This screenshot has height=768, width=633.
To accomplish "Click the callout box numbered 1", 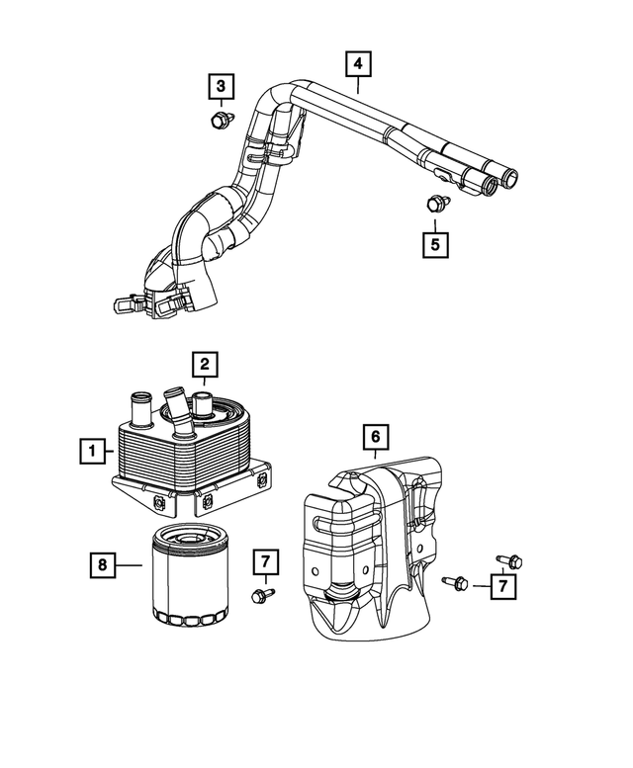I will (x=93, y=454).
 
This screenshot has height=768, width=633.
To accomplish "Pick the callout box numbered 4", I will (x=358, y=64).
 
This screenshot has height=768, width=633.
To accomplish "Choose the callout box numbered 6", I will (x=376, y=435).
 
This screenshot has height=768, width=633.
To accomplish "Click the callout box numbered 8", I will (x=101, y=565).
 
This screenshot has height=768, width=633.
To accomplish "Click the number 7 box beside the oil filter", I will (x=265, y=561).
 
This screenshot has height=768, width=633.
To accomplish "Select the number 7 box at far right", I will (x=503, y=587).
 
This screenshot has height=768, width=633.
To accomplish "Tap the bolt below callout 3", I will (x=219, y=122).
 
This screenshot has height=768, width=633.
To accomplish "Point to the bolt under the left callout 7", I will (x=262, y=594).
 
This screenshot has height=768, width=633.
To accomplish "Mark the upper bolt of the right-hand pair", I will (x=507, y=561).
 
